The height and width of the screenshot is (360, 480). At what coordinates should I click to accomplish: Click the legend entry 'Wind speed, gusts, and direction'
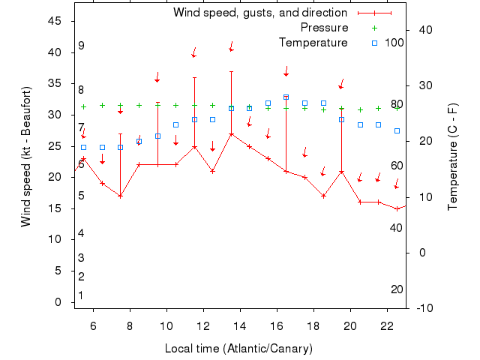pos(259,13)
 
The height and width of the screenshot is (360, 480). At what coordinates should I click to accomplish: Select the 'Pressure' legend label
pos(324,28)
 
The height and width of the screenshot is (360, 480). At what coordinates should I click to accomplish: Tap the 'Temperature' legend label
pos(313,43)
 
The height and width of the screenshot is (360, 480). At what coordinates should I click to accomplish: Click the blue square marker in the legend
pos(375,43)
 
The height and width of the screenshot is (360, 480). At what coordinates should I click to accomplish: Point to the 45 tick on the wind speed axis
pos(55,21)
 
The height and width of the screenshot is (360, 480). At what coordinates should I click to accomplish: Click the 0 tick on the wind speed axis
pos(58,302)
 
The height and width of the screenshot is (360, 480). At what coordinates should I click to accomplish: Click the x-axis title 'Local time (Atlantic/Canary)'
pos(238,349)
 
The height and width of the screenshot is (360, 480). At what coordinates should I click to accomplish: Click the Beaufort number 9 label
pos(81,46)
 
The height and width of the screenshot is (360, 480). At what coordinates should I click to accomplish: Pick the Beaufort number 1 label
pos(80,295)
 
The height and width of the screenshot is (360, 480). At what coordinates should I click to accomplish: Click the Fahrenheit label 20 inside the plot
pos(397,289)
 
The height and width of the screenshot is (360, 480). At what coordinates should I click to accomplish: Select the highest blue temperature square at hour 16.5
pos(286,97)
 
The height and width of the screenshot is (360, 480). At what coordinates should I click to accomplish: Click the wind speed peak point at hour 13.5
pos(232,134)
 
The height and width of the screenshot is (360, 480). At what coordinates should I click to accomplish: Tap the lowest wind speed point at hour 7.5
pos(120,196)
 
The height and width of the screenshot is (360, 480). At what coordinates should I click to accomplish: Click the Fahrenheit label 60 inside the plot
pos(397,166)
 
